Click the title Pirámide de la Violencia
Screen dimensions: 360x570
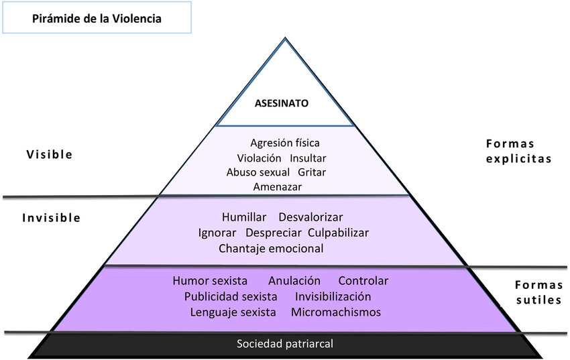[97, 19]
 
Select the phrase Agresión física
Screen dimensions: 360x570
[285, 143]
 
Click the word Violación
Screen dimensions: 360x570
[259, 158]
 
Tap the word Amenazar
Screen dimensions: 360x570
[278, 186]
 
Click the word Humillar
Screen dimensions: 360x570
[244, 217]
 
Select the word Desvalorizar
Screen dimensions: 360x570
[310, 217]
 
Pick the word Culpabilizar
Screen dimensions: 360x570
[338, 233]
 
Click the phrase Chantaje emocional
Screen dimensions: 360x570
[271, 248]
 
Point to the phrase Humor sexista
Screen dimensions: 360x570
[210, 280]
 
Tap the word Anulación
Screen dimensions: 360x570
[294, 280]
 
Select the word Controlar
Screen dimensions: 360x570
[363, 280]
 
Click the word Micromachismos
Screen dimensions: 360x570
[336, 312]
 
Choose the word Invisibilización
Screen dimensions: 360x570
[333, 296]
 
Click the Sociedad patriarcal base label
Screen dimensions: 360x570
[285, 344]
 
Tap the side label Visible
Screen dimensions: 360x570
[49, 154]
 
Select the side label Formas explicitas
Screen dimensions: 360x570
[518, 152]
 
